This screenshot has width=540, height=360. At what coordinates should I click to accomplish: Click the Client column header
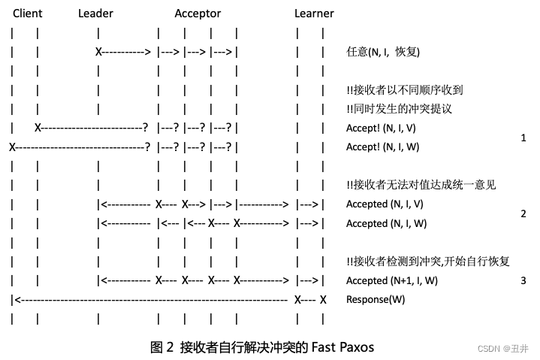[28, 14]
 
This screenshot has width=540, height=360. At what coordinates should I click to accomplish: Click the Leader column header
[95, 14]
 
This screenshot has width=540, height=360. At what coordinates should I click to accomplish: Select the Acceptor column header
[198, 14]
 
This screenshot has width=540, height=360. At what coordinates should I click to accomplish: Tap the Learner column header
[314, 14]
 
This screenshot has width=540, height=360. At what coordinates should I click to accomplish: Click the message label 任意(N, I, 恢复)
[382, 52]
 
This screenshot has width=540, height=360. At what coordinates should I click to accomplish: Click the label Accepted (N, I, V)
[385, 204]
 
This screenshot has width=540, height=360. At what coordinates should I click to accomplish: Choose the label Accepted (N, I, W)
[386, 223]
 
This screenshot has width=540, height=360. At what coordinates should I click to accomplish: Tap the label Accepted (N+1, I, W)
[391, 280]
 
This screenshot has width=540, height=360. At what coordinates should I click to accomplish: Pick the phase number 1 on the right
[523, 138]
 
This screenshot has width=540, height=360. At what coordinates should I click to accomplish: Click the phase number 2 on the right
[523, 213]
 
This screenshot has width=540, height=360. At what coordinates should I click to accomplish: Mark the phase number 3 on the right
[523, 280]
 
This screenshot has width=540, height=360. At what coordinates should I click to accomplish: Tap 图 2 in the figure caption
[162, 347]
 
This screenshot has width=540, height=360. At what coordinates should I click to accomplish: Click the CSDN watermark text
[488, 349]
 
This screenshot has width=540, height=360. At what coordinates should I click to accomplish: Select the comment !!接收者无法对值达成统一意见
[421, 185]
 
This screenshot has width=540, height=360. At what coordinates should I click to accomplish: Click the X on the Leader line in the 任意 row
[98, 52]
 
